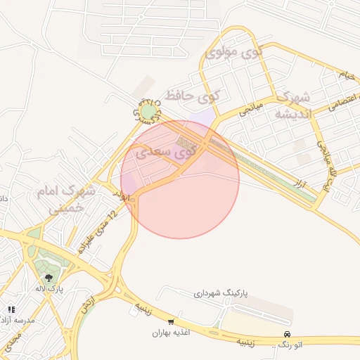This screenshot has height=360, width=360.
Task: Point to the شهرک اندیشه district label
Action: tap(292, 106)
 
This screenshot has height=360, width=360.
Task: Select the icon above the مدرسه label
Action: tap(11, 309)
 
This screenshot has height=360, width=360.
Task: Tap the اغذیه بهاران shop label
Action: tap(172, 333)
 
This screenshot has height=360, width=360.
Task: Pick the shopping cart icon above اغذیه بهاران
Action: tap(172, 321)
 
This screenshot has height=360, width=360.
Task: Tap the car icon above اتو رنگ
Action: tap(287, 334)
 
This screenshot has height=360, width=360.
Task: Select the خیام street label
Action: tap(345, 74)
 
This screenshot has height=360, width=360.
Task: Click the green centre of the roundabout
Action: tap(148, 112)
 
